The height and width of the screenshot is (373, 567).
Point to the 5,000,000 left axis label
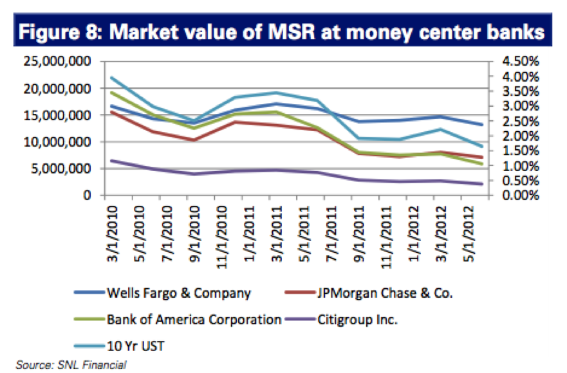coord(62,168)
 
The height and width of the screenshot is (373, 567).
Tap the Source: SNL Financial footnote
coord(71,365)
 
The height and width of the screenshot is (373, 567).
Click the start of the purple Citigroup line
coord(113,160)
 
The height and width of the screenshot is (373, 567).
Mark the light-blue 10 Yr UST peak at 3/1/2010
coord(113,78)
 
